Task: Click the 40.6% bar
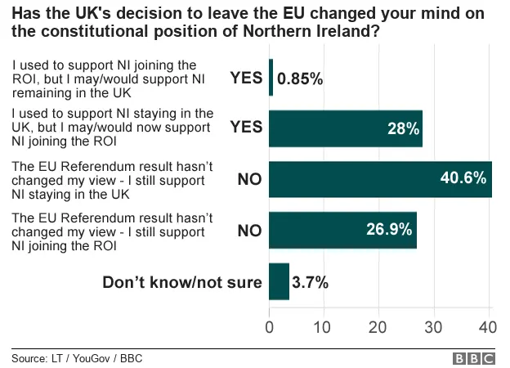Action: pyautogui.click(x=380, y=179)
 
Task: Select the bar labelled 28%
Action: pyautogui.click(x=346, y=128)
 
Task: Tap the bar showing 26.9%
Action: pyautogui.click(x=342, y=230)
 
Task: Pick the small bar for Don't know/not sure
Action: pyautogui.click(x=279, y=281)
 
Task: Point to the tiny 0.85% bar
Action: pyautogui.click(x=271, y=78)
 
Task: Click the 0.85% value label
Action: pyautogui.click(x=301, y=79)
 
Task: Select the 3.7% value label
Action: pyautogui.click(x=311, y=283)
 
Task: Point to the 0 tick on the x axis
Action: pyautogui.click(x=270, y=325)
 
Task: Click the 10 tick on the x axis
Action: pyautogui.click(x=324, y=325)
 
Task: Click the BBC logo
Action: pyautogui.click(x=474, y=358)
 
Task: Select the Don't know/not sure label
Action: pyautogui.click(x=181, y=283)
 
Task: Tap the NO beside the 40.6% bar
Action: pyautogui.click(x=249, y=179)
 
